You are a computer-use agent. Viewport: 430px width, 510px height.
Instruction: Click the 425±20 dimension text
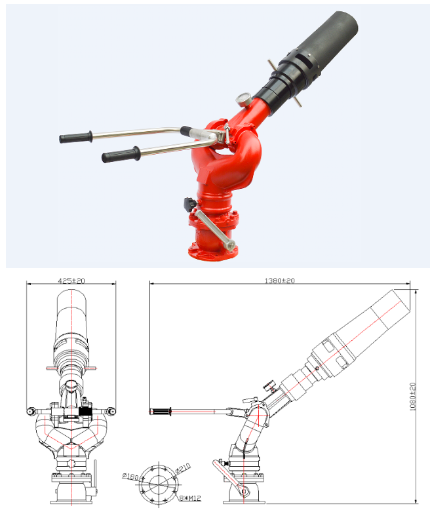(72, 280)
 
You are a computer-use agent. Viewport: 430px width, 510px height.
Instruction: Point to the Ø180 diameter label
(130, 476)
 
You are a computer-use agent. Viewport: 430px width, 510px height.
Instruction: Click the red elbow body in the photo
(233, 157)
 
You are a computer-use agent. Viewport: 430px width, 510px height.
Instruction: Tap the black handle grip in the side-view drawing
(161, 412)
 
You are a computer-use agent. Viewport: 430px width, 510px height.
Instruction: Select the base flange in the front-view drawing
(72, 488)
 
